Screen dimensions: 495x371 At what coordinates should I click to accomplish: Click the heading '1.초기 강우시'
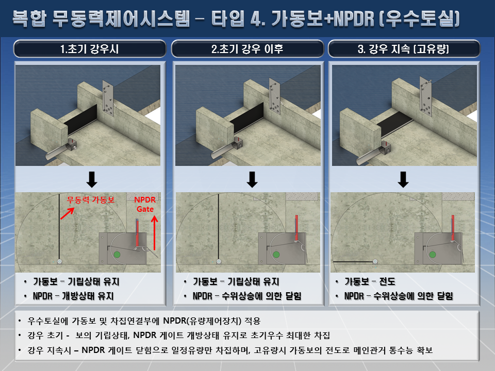tap(89, 49)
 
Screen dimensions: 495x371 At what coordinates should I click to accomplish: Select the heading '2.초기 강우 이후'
tap(247, 49)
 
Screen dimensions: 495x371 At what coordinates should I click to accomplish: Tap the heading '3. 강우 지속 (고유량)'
tap(403, 49)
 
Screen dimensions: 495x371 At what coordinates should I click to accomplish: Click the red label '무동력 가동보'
tap(91, 200)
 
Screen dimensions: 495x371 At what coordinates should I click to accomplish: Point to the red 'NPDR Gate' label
tap(145, 204)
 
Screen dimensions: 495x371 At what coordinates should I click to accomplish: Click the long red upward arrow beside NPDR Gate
tap(154, 232)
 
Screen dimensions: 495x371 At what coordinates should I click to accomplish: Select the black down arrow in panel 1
tap(92, 179)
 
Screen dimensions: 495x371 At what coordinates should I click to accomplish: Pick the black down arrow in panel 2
tap(252, 179)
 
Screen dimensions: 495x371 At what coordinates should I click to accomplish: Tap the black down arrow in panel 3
tap(403, 179)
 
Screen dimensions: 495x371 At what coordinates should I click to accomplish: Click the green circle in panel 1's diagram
tap(117, 255)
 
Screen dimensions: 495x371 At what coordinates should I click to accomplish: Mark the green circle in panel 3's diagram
tap(433, 255)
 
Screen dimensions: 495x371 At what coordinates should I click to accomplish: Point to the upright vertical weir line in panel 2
tap(219, 227)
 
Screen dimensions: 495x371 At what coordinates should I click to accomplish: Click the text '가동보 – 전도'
tap(370, 281)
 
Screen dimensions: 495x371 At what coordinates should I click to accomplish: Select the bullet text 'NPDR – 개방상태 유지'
tap(73, 296)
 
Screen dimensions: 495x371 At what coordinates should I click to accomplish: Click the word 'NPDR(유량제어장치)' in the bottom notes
tap(202, 321)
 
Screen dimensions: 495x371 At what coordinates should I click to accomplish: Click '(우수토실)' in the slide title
tap(419, 19)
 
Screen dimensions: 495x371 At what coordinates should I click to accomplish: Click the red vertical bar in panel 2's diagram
tap(297, 228)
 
